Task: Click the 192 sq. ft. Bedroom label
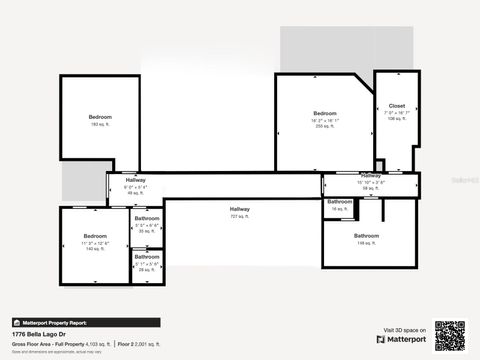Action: click(100, 120)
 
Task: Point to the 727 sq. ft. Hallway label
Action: click(240, 211)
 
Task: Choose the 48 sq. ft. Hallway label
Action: click(136, 185)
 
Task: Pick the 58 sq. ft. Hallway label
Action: click(371, 181)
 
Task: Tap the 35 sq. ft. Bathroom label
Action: click(147, 225)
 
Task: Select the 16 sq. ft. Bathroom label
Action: click(340, 204)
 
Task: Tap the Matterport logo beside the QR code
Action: click(402, 339)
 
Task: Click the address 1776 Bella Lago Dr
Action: click(38, 335)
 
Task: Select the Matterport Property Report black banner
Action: click(85, 322)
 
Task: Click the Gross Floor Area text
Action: click(60, 343)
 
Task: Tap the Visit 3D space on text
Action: click(404, 329)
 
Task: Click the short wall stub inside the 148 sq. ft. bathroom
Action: click(382, 210)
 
